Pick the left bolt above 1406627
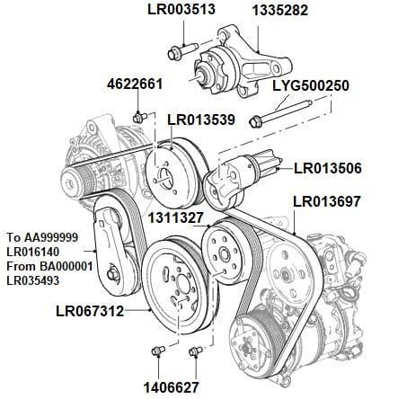(x=156, y=350)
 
